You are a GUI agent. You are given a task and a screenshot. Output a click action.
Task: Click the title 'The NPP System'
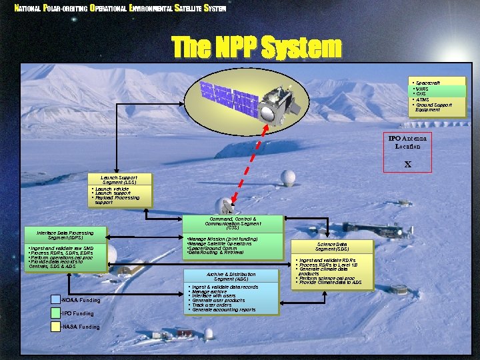[257, 48]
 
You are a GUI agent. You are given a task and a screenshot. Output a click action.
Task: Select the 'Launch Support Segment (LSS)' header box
[119, 180]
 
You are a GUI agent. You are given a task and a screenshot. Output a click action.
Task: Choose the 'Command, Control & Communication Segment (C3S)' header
[232, 223]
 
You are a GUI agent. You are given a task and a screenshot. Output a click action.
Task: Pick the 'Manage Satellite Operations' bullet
[221, 243]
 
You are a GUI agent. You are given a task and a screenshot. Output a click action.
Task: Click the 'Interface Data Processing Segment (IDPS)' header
[65, 235]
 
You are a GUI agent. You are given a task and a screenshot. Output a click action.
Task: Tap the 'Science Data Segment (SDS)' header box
[332, 247]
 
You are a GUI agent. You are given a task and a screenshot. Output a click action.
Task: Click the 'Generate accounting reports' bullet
[223, 309]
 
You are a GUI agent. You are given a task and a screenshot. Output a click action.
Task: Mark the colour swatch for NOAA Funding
[55, 300]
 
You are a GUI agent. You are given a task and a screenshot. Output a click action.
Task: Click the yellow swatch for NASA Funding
[55, 327]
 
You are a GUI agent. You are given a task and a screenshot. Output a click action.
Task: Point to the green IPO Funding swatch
[55, 313]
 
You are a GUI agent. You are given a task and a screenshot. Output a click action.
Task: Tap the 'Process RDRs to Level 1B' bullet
[328, 265]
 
